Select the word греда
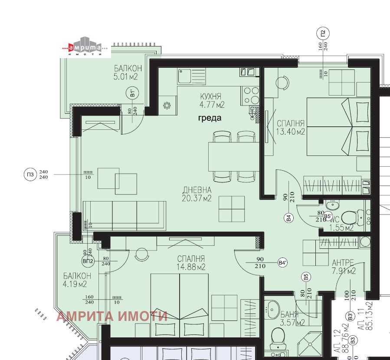210,118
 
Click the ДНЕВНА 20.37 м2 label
197,194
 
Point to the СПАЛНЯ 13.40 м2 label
290,127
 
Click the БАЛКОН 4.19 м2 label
77,280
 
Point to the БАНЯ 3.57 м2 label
279,318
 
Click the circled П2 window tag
323,33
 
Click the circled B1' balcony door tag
132,93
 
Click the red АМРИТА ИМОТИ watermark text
111,316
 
